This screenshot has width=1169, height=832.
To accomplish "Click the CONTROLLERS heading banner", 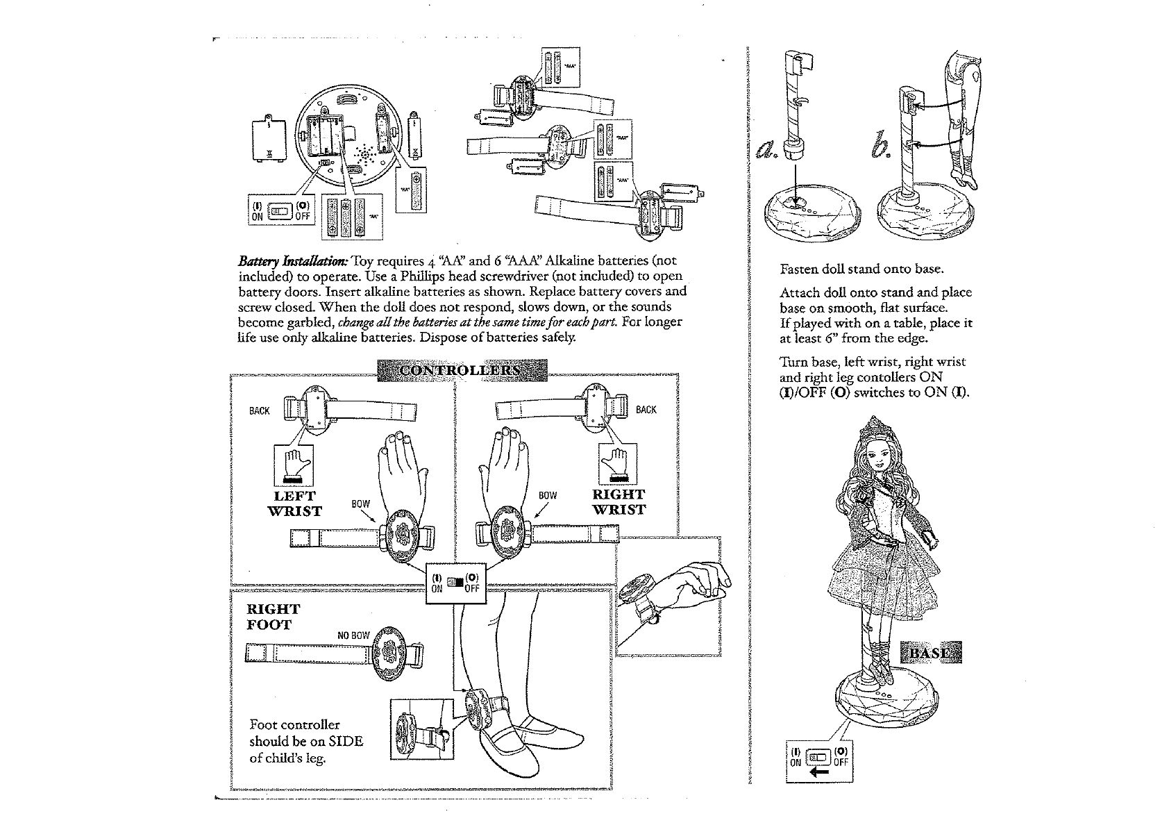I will (x=462, y=371).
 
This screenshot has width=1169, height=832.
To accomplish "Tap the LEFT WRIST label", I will (x=295, y=504).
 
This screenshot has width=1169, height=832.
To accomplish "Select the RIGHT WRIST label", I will (x=619, y=501).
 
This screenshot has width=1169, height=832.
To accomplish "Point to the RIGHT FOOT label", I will (x=274, y=617).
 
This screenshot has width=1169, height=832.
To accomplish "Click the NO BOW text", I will (x=353, y=635).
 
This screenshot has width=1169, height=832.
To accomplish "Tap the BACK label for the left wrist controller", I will (x=259, y=411).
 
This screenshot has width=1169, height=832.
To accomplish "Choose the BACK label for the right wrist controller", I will (x=646, y=410).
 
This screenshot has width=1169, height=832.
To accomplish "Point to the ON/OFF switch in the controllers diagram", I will (x=455, y=582).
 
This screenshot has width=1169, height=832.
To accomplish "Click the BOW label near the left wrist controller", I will (x=361, y=504).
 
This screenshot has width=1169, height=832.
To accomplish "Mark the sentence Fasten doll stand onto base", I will (x=861, y=269).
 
